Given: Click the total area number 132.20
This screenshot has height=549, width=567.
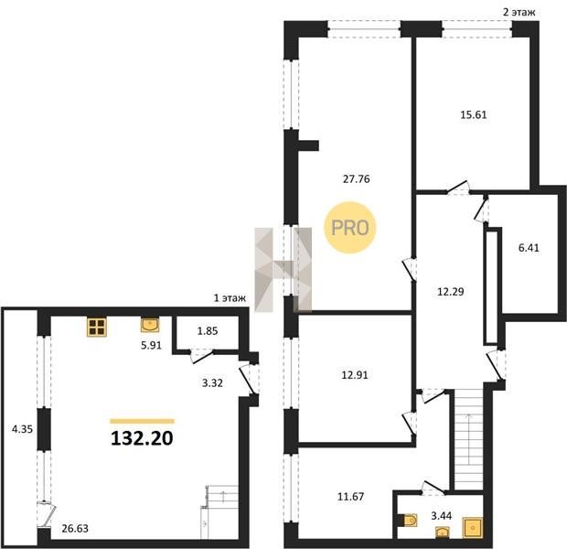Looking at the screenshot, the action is [x=142, y=438].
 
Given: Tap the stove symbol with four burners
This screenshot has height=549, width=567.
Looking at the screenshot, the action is [x=97, y=327].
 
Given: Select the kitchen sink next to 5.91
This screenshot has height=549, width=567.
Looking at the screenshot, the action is [x=150, y=325].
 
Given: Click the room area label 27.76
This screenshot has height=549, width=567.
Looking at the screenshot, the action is [x=356, y=178].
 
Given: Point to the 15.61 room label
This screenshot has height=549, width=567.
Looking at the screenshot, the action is [x=474, y=114].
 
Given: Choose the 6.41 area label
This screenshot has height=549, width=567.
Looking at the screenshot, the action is [x=529, y=248].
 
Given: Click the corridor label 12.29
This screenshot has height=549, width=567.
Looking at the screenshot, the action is [x=451, y=291].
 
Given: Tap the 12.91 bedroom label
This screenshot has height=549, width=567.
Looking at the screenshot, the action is [x=355, y=375].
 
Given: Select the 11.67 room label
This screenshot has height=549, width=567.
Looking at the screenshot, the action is [x=351, y=497].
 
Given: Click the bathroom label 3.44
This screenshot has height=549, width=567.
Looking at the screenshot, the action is [x=441, y=516].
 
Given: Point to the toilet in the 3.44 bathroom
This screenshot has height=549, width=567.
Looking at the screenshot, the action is [x=409, y=521].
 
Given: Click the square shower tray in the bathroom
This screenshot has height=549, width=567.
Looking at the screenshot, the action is [x=472, y=527].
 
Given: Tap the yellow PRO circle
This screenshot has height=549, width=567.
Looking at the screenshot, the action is [x=350, y=228].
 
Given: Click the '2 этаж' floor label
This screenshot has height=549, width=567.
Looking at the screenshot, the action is [x=519, y=13].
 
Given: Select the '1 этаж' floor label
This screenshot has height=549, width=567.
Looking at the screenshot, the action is [x=230, y=298].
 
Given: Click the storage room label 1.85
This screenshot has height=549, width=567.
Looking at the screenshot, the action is [x=208, y=331].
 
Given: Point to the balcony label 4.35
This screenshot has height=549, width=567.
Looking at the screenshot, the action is [x=23, y=429].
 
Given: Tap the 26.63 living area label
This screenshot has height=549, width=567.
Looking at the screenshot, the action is [x=75, y=528].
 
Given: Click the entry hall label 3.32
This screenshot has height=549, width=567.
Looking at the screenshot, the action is [x=212, y=382].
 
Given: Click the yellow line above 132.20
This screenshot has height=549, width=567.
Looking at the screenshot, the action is [x=142, y=421].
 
